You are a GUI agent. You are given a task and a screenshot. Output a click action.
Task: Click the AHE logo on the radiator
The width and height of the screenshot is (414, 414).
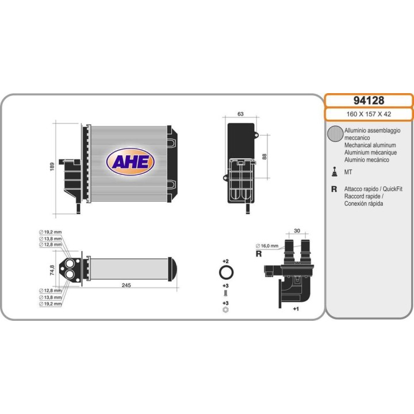130,162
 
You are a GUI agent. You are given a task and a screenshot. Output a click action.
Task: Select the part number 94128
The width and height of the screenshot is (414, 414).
369,100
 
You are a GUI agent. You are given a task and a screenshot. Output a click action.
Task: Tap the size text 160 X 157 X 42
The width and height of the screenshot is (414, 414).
369,114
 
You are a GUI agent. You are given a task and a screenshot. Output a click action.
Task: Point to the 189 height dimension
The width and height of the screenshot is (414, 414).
52,166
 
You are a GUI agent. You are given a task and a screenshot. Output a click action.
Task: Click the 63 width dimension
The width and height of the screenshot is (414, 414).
240,114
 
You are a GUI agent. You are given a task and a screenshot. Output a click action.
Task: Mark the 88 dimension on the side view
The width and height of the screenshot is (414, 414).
264,156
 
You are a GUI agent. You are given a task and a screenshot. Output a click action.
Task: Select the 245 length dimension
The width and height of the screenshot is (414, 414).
126,285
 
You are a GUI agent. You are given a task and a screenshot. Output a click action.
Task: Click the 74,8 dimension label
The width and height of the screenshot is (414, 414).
52,270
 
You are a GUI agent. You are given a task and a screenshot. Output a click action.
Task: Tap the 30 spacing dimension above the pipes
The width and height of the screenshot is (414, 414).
297,231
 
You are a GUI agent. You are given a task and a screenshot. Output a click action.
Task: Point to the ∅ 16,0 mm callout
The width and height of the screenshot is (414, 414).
267,246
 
